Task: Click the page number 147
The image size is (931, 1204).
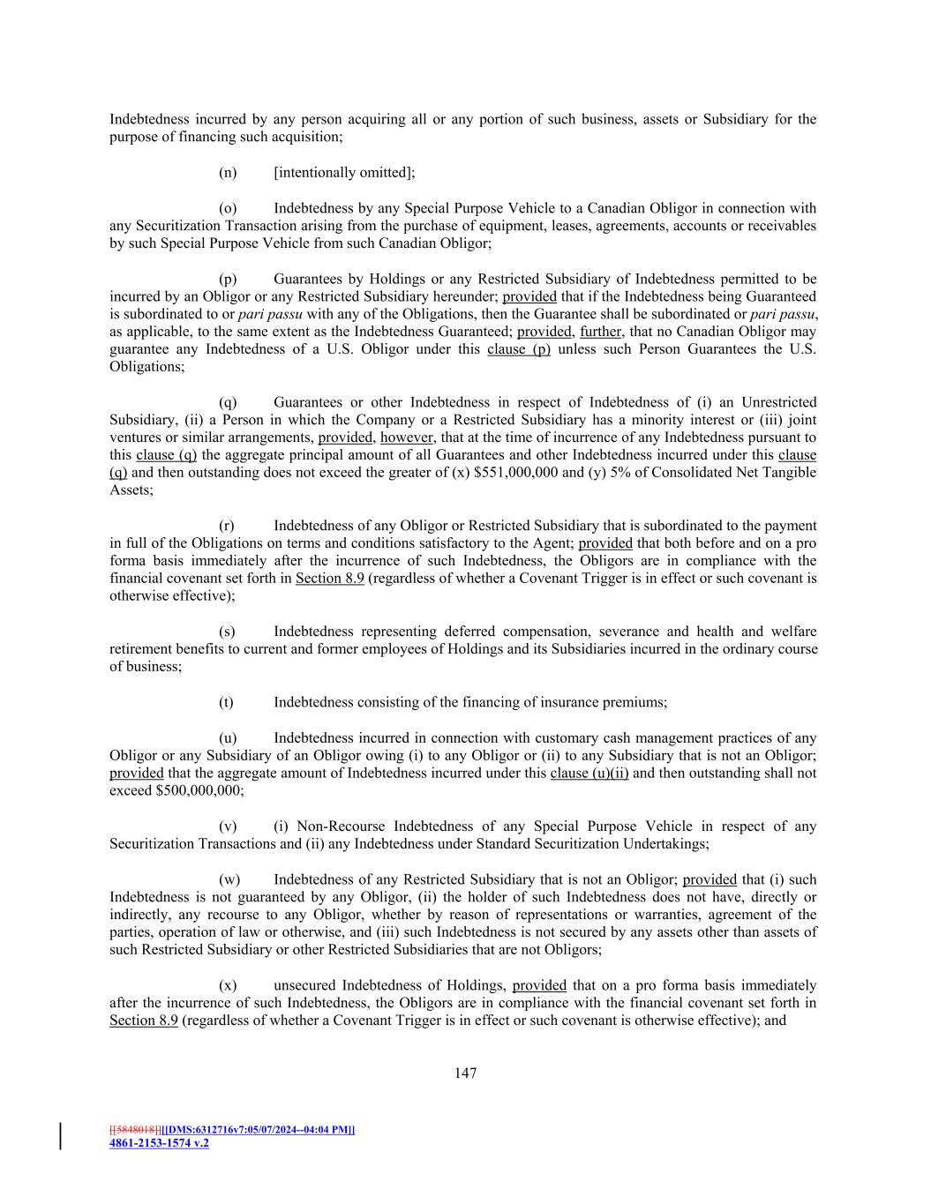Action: click(x=465, y=1073)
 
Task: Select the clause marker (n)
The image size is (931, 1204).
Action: click(x=228, y=172)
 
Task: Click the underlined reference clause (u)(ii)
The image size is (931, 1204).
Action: click(x=589, y=773)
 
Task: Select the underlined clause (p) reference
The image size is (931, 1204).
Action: click(x=519, y=349)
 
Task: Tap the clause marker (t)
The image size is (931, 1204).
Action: click(x=226, y=702)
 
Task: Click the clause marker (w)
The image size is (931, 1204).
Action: click(x=229, y=879)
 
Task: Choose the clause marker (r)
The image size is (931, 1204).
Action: click(x=227, y=525)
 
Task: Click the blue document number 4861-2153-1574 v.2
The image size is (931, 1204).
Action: click(x=159, y=1143)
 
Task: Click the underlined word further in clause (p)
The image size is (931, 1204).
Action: click(x=601, y=332)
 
